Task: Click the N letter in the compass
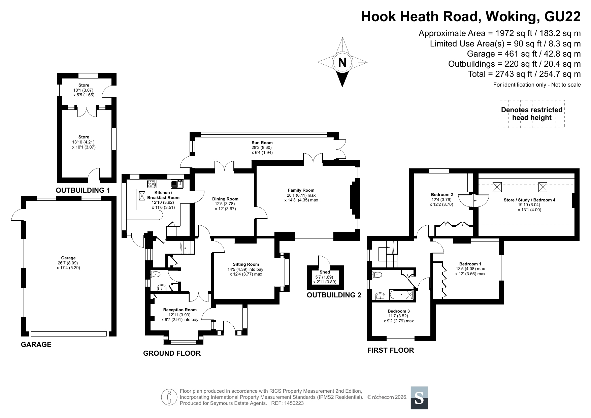(342, 63)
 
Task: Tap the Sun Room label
(262, 143)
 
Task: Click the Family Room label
(301, 190)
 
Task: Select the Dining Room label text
(225, 199)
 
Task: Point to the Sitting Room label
(246, 264)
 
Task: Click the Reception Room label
(180, 310)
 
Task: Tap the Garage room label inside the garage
(68, 258)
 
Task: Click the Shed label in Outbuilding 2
(325, 272)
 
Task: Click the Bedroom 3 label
(399, 311)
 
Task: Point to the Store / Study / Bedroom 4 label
(529, 200)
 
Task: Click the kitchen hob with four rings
(152, 184)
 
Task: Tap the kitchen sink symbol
(177, 184)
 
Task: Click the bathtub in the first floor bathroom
(401, 295)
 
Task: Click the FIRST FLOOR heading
(391, 350)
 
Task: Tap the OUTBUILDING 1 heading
(83, 190)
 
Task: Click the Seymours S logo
(419, 398)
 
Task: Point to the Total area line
(524, 74)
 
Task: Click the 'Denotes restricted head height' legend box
(532, 114)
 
